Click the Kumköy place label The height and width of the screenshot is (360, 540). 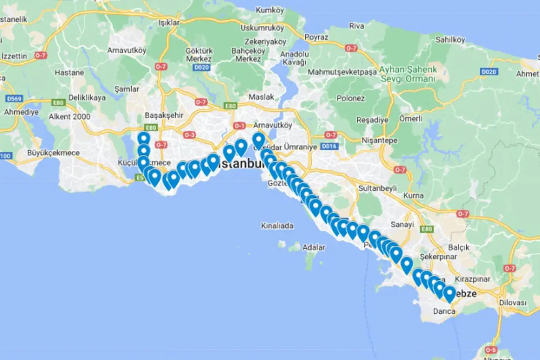coord(270,10)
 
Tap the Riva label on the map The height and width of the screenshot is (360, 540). coord(356,26)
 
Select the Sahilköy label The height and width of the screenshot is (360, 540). coord(450,40)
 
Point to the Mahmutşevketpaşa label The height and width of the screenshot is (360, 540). coord(342,72)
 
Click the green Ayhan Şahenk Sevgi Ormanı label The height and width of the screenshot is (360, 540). coord(408,74)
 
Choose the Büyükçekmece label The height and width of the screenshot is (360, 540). coord(53,153)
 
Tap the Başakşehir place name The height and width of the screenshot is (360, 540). coord(164,115)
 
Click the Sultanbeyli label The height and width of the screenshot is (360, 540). coord(377,188)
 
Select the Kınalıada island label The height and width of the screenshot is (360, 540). coord(277,226)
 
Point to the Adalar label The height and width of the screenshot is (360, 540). coord(313,247)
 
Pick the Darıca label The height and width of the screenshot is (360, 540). coord(444,311)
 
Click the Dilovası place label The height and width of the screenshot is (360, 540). coord(512,303)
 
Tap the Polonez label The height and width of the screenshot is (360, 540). coord(350,98)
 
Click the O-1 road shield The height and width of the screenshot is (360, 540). coord(239,126)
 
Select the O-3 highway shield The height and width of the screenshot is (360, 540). coord(189,135)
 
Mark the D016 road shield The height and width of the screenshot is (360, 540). coord(329,146)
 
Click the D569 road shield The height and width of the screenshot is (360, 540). coord(14,99)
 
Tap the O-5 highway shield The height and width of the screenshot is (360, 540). coord(491,350)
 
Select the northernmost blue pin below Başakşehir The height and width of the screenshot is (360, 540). coord(144,138)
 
